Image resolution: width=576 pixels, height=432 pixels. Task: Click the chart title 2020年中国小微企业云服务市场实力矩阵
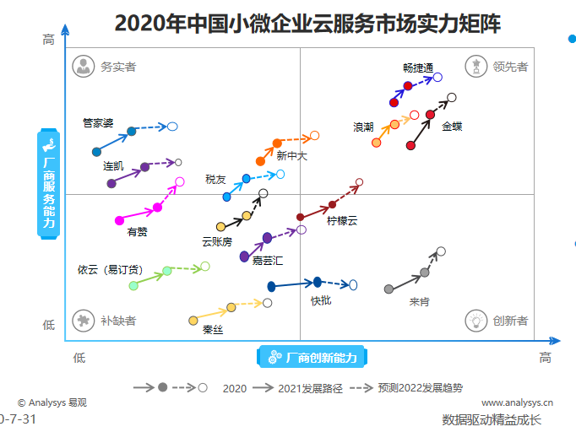307,23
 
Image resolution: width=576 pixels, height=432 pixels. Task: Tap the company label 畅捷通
418,67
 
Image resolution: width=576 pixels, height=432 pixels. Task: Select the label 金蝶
452,127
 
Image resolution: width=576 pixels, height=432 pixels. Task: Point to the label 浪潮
363,127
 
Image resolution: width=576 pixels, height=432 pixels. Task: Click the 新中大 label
291,155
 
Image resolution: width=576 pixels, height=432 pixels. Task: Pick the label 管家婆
98,122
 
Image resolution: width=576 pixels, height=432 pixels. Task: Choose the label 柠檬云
342,221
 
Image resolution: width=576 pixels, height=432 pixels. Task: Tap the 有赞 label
138,231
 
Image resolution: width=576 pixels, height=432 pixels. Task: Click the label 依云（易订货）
110,270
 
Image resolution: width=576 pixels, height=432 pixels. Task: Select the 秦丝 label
213,330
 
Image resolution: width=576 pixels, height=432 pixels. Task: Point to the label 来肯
419,301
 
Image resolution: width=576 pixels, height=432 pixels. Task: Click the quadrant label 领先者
510,67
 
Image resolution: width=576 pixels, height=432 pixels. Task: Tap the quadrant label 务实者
118,67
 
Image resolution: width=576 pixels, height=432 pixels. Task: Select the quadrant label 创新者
510,321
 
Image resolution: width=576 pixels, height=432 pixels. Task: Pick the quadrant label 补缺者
118,321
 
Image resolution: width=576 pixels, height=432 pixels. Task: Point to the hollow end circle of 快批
353,285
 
